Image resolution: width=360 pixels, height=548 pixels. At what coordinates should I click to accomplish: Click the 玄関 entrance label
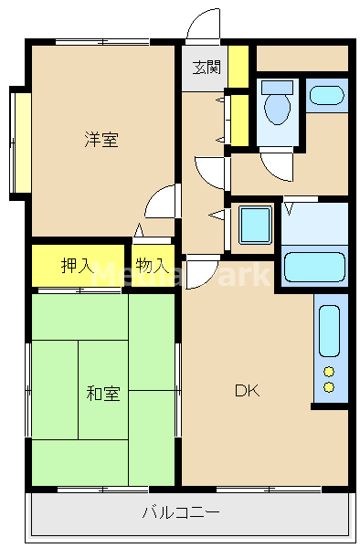pyautogui.click(x=206, y=66)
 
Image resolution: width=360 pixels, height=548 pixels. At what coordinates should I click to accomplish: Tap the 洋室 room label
pyautogui.click(x=101, y=140)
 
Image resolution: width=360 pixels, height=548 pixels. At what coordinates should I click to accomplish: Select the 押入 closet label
pyautogui.click(x=77, y=266)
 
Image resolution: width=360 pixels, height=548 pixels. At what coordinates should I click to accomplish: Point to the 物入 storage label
pyautogui.click(x=152, y=266)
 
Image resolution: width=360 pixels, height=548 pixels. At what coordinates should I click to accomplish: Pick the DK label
pyautogui.click(x=247, y=392)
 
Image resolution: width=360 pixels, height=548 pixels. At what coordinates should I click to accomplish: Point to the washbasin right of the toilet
pyautogui.click(x=326, y=94)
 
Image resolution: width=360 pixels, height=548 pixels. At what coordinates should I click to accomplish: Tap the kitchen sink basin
pyautogui.click(x=330, y=331)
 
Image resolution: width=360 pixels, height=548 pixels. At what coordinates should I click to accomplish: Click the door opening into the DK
pyautogui.click(x=201, y=272)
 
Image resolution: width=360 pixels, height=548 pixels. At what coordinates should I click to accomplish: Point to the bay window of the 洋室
pyautogui.click(x=19, y=142)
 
